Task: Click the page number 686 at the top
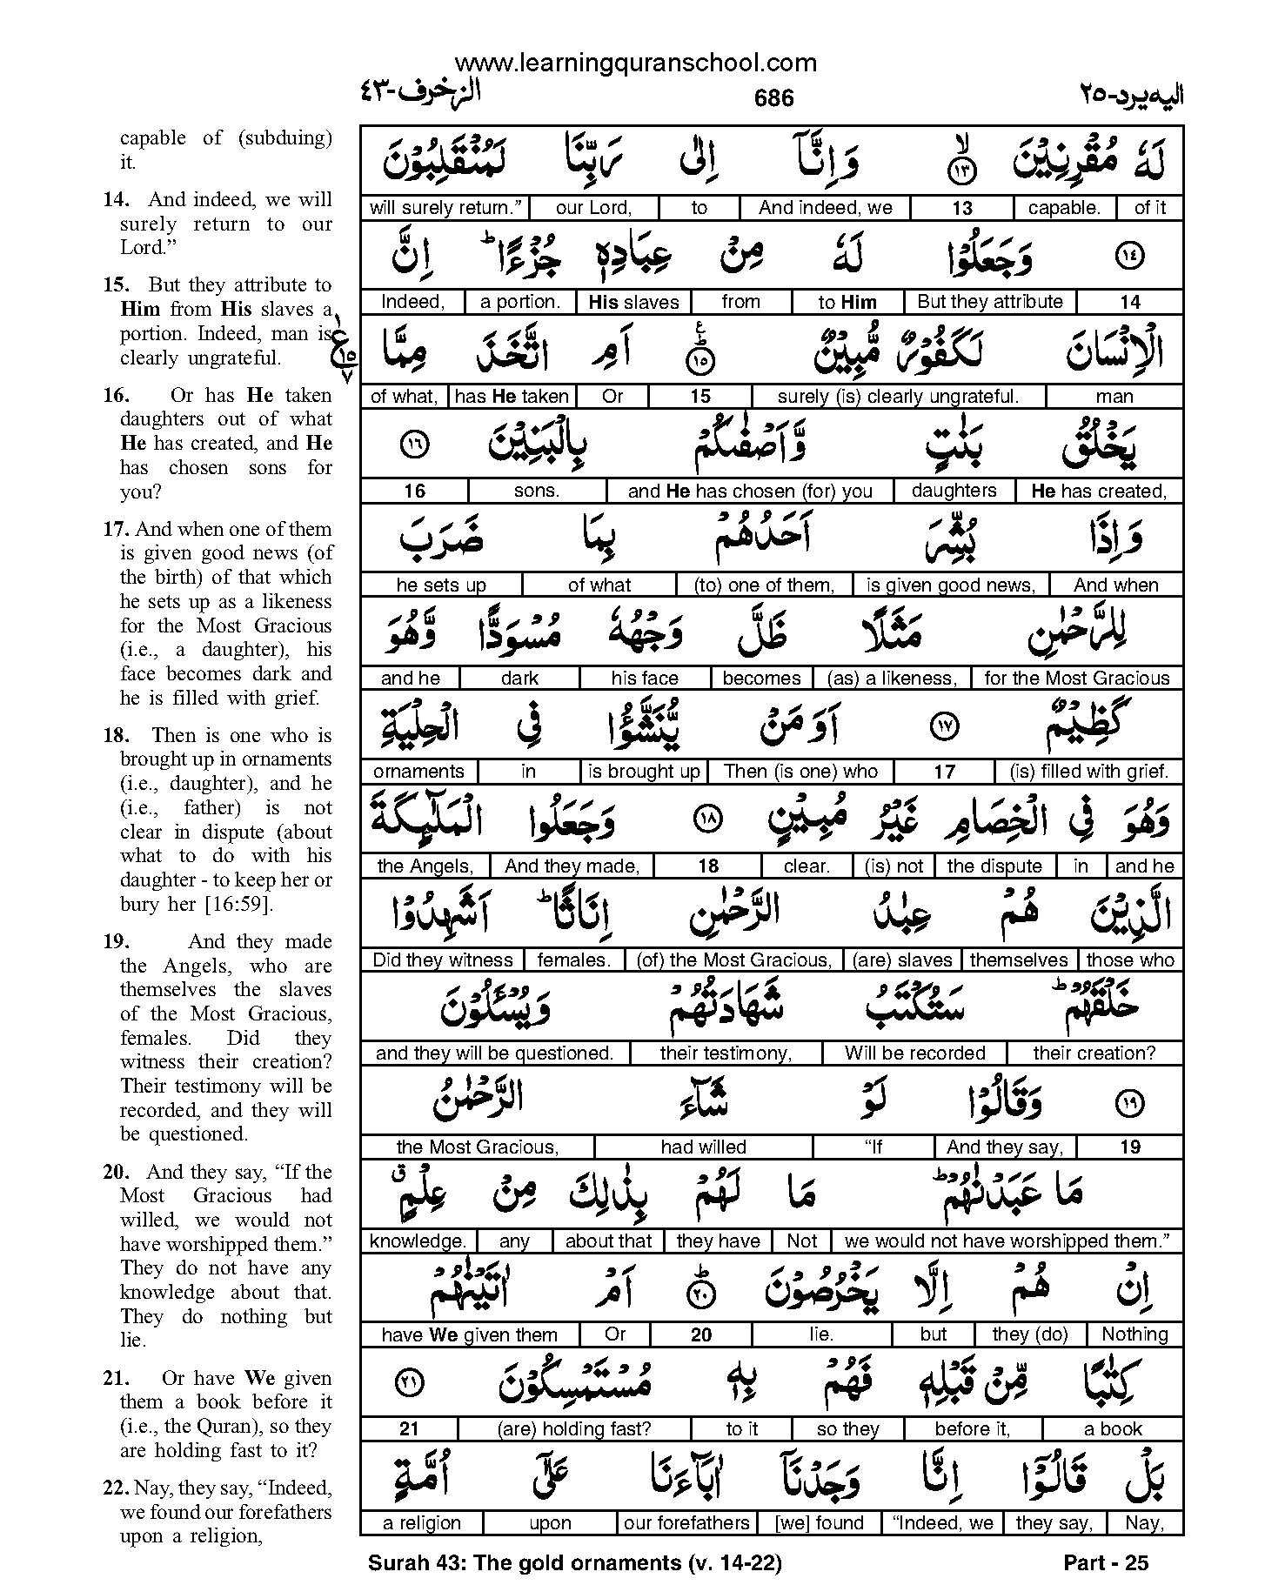[773, 97]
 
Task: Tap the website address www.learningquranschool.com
[635, 63]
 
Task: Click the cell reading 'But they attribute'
[990, 302]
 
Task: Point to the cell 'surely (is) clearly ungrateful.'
[898, 397]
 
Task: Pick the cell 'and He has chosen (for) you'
[750, 491]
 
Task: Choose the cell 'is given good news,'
[950, 585]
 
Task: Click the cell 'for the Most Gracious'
[1077, 679]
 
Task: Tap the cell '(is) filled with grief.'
[1089, 772]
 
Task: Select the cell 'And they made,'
[572, 866]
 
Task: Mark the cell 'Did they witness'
[442, 960]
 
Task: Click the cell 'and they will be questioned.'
[494, 1053]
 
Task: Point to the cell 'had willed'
[703, 1147]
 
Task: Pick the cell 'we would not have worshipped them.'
[1007, 1241]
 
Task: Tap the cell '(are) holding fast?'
[573, 1429]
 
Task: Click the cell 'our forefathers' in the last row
[686, 1523]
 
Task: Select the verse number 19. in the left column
[116, 941]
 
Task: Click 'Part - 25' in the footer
[1106, 1563]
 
